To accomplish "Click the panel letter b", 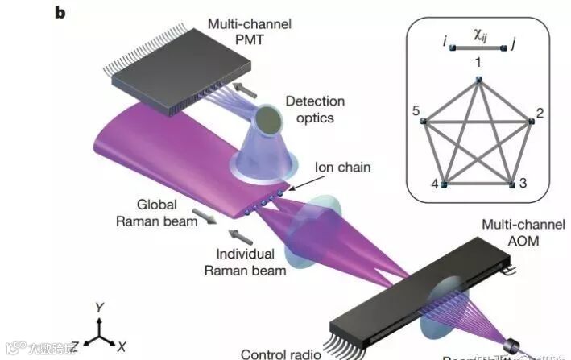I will coord(59,13).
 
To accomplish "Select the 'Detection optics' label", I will coord(314,110).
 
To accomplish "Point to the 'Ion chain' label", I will coord(343,168).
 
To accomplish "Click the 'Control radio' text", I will coord(281,353).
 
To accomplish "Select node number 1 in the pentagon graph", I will coord(478,79).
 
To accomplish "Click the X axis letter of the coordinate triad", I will coord(121,347).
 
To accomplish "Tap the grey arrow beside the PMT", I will coord(242,83).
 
